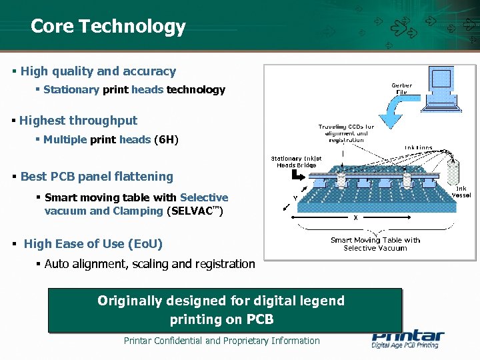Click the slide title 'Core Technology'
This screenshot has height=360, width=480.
pos(108,27)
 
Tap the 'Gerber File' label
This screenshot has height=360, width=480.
pos(401,89)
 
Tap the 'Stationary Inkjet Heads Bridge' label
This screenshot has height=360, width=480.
pos(296,162)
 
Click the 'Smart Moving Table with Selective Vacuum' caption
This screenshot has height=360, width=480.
pos(375,244)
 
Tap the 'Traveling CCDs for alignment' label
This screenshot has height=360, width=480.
pos(345,133)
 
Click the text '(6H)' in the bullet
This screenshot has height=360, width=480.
pos(166,139)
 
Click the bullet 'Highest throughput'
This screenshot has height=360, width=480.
pos(78,121)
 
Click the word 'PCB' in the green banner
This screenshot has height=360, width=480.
pos(259,319)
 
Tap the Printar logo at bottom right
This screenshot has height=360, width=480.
pos(407,339)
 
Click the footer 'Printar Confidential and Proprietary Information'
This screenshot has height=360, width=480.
pos(221,341)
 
